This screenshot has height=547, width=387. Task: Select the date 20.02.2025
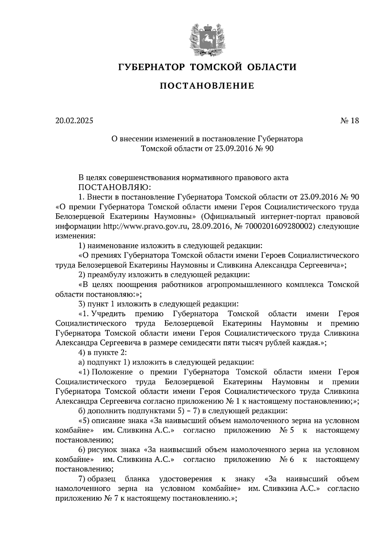pos(74,121)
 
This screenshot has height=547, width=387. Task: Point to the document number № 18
pos(350,121)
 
